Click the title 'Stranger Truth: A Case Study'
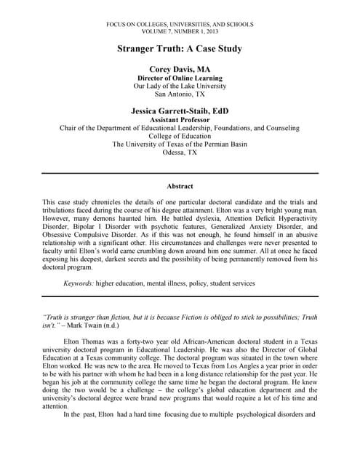[x=180, y=49]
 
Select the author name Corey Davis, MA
[x=180, y=69]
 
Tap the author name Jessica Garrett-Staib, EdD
[x=180, y=111]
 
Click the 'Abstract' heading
[x=180, y=187]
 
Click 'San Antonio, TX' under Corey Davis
[x=180, y=94]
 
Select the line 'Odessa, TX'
[x=180, y=153]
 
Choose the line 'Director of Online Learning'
[x=180, y=78]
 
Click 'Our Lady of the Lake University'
[x=180, y=86]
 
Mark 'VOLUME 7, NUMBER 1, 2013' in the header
[x=180, y=32]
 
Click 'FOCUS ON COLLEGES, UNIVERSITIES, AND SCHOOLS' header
[x=180, y=25]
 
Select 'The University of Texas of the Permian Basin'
[x=180, y=145]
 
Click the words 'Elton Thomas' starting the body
[x=84, y=340]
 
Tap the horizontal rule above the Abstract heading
[x=180, y=173]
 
